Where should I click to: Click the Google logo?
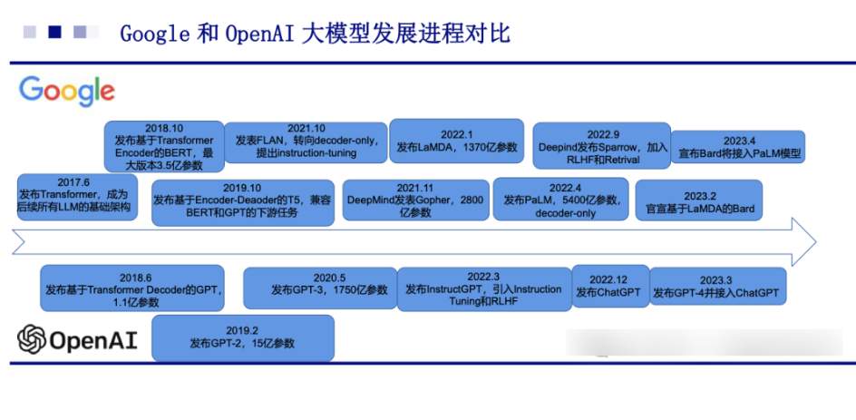[x=66, y=92]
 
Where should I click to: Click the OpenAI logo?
[x=77, y=339]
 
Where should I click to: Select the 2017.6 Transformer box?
[x=77, y=197]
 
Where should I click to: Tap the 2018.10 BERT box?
[x=164, y=146]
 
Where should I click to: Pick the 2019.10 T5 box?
[x=243, y=202]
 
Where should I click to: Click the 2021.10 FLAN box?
[x=306, y=142]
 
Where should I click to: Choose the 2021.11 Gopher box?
[x=415, y=200]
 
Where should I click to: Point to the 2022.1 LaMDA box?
[x=456, y=141]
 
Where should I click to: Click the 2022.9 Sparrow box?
[x=601, y=145]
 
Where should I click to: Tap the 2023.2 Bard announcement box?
[x=699, y=200]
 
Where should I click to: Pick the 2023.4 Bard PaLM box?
[x=738, y=146]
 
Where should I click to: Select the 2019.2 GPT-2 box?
[x=243, y=337]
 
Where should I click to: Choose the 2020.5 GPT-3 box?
[x=320, y=288]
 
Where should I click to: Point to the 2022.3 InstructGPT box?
[x=484, y=289]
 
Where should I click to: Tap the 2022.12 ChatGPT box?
[x=610, y=286]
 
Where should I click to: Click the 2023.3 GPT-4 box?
[x=718, y=286]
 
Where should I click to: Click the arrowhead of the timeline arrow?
[x=803, y=241]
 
